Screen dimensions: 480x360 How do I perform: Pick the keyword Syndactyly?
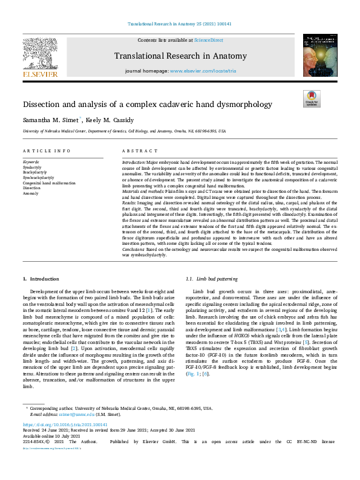coord(32,167)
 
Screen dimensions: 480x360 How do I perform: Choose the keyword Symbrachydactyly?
coord(38,177)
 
